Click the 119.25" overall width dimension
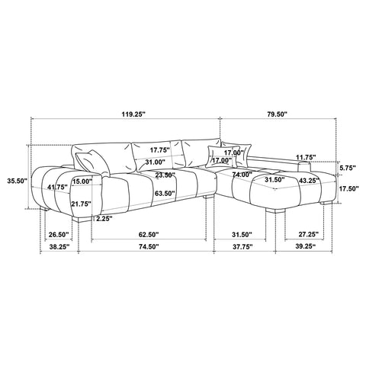(x=133, y=114)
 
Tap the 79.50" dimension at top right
(x=278, y=114)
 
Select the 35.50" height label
(x=17, y=181)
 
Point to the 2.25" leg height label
(x=104, y=219)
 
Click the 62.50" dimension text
(x=149, y=234)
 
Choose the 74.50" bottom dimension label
(x=149, y=246)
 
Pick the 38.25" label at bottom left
(x=59, y=246)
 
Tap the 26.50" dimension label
(x=59, y=234)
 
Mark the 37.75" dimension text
(x=243, y=246)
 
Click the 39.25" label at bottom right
(x=306, y=246)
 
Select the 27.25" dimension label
(x=309, y=234)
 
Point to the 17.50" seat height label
(x=348, y=188)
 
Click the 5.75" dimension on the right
(x=347, y=168)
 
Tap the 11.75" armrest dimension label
(x=306, y=157)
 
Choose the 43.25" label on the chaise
(x=310, y=181)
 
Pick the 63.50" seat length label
(x=165, y=194)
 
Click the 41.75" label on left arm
(x=58, y=188)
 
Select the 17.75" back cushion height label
(x=159, y=150)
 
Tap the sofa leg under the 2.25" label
(x=82, y=220)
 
